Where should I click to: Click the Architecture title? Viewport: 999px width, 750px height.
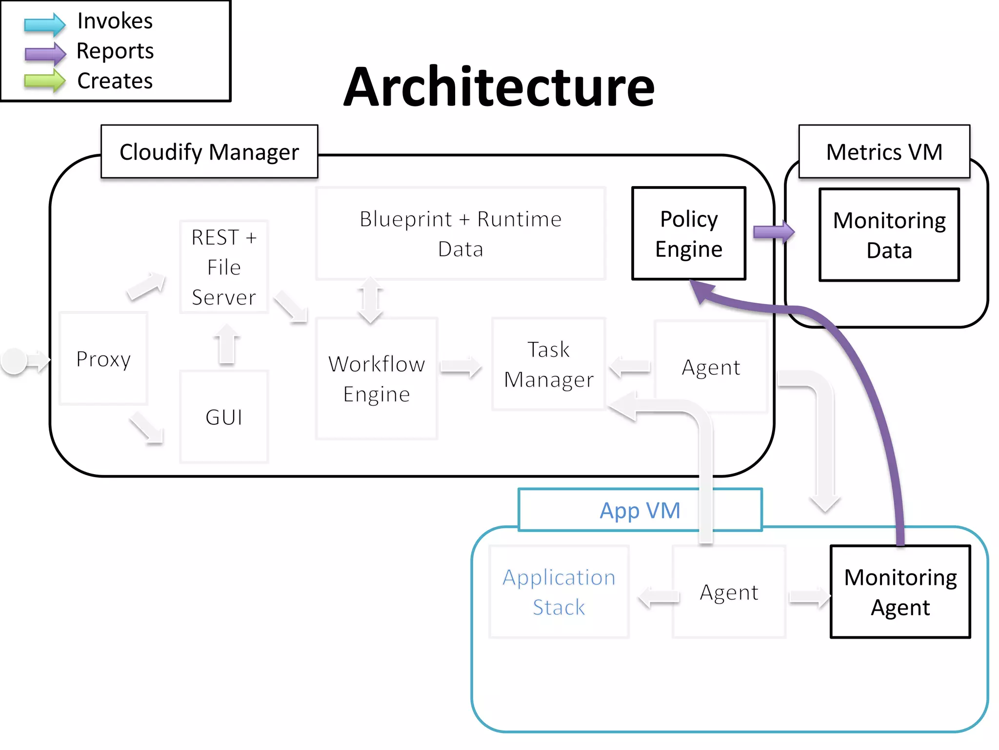pos(499,87)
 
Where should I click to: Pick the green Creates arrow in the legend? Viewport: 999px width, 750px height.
pos(44,81)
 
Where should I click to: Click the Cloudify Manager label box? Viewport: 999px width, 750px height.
pos(209,152)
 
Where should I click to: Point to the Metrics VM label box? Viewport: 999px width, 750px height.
pos(884,152)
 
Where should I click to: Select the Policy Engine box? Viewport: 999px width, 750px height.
pos(688,233)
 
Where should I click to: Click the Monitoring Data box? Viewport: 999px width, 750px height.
pos(889,235)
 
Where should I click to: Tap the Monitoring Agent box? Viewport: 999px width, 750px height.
pos(900,592)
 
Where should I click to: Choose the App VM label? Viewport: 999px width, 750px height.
pos(639,510)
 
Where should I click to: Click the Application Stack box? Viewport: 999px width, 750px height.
pos(559,592)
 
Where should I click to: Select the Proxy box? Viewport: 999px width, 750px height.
pos(103,359)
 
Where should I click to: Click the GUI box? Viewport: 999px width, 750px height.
pos(224,417)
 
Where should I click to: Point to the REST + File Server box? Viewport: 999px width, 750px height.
pos(224,267)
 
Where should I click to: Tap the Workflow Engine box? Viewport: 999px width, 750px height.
pos(377,379)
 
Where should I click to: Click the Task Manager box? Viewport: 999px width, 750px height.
pos(549,364)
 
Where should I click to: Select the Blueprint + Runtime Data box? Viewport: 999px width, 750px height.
pos(460,233)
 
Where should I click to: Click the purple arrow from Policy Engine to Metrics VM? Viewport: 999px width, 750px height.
pos(773,232)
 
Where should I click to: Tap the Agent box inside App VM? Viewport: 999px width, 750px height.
pos(729,592)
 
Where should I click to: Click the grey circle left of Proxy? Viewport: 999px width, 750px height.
pos(14,361)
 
